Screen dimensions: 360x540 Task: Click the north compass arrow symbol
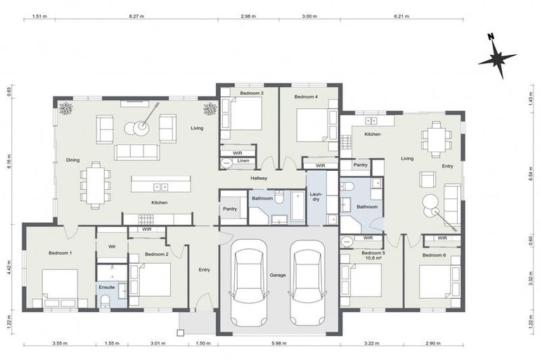[497, 56]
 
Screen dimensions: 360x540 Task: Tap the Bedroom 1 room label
[60, 252]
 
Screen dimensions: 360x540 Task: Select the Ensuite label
[107, 287]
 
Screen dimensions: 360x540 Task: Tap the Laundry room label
[316, 198]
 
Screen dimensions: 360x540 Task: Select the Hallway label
[259, 179]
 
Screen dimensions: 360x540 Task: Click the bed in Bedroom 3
[243, 115]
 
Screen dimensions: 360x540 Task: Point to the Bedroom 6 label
[434, 255]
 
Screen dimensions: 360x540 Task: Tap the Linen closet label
[243, 161]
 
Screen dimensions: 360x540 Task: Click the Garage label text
[277, 275]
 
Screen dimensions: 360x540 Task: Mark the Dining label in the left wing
[72, 160]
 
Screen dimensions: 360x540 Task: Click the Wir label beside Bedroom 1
[111, 247]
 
